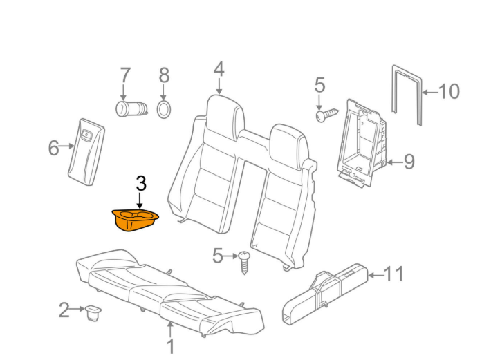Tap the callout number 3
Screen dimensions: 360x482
pyautogui.click(x=140, y=184)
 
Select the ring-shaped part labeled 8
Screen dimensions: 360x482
pyautogui.click(x=164, y=108)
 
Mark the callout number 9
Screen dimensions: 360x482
pyautogui.click(x=408, y=162)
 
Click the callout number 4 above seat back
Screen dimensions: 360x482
pyautogui.click(x=219, y=70)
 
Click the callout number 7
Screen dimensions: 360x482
pyautogui.click(x=124, y=75)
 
